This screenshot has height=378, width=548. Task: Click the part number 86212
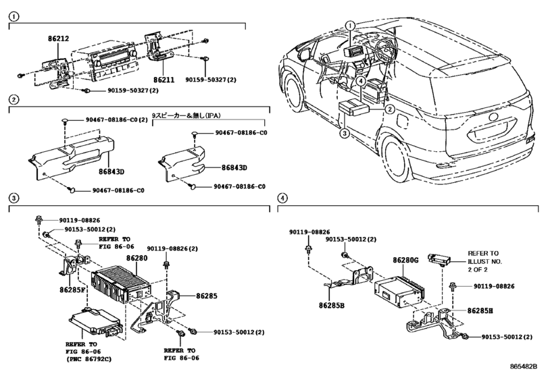(58, 38)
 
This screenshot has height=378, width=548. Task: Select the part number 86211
(164, 80)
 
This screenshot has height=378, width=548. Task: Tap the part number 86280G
(405, 260)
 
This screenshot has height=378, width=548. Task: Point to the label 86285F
(73, 290)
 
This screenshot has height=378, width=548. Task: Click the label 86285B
(332, 305)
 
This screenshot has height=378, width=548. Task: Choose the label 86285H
(480, 310)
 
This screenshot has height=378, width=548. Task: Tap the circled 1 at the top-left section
(14, 16)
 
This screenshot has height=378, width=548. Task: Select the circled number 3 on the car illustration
(345, 133)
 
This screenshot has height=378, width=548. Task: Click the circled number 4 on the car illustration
(361, 81)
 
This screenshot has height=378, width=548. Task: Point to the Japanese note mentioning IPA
(186, 115)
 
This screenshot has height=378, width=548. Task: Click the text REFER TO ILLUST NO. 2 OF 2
(484, 261)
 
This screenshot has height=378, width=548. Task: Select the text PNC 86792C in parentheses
(89, 359)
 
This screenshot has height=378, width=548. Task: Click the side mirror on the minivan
(304, 54)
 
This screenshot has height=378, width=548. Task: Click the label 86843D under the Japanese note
(234, 167)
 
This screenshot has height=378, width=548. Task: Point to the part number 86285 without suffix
(207, 296)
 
